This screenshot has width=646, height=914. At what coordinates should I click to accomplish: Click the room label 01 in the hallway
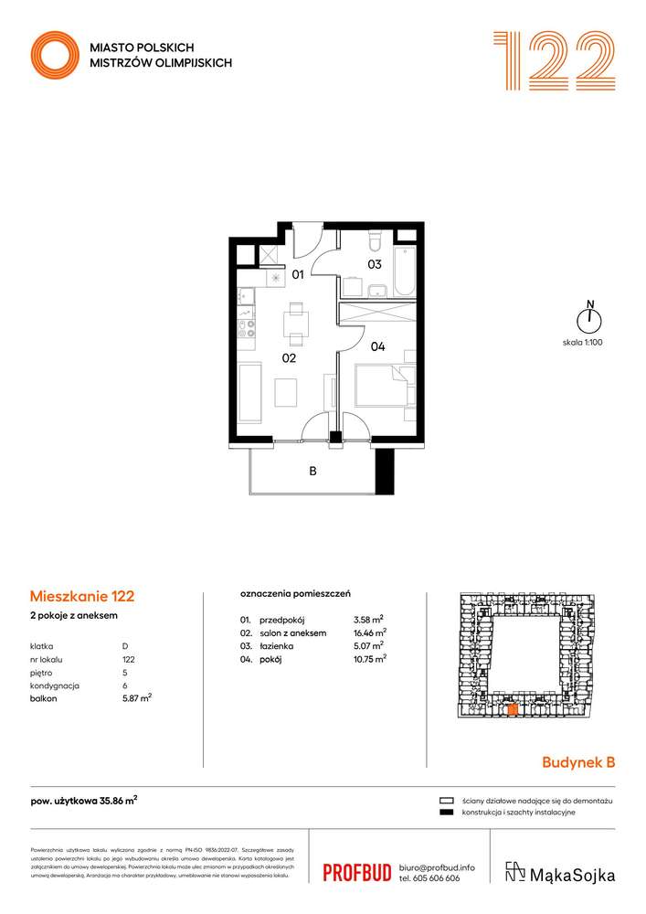[x=297, y=273]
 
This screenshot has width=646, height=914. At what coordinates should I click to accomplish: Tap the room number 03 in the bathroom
[x=374, y=265]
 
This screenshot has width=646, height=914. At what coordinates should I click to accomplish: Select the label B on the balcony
[x=312, y=473]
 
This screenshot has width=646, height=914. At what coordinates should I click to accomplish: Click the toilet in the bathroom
[x=375, y=241]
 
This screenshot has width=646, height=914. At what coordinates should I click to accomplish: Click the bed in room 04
[x=385, y=387]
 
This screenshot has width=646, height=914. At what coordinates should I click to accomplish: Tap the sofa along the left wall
[x=249, y=391]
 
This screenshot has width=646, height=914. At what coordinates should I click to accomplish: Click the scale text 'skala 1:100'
[x=584, y=342]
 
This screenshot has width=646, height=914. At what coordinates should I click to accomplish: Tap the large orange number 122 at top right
[x=554, y=60]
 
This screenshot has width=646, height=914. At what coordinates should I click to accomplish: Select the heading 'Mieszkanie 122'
[x=82, y=596]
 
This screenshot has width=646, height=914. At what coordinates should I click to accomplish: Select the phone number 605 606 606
[x=437, y=878]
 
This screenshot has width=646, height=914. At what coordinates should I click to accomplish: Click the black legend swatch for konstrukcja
[x=447, y=813]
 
